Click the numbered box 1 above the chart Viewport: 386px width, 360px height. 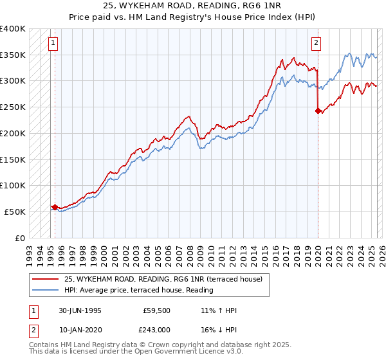[53, 44]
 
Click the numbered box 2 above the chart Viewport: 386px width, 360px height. [317, 44]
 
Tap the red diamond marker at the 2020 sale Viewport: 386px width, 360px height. [318, 111]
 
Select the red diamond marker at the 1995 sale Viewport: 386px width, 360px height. [55, 207]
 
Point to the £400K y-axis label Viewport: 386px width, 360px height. [13, 29]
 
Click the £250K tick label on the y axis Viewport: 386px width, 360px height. [13, 107]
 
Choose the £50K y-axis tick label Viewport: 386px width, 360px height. [15, 212]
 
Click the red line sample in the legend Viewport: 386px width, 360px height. [44, 280]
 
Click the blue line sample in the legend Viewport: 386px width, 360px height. [44, 290]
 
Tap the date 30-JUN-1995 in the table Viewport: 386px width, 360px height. [78, 310]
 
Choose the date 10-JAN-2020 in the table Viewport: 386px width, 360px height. [78, 328]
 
